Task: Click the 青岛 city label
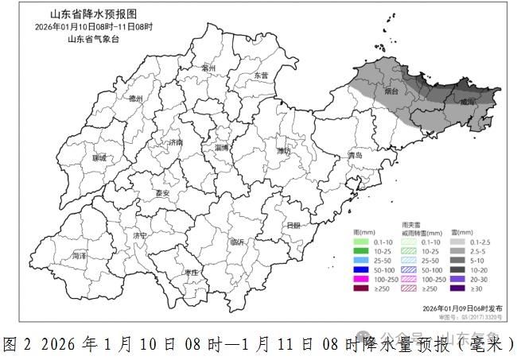click(x=354, y=156)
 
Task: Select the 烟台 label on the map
click(x=391, y=91)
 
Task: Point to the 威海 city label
click(x=468, y=102)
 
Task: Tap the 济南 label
click(x=174, y=142)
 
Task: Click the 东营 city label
click(x=261, y=75)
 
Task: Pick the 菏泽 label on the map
click(x=79, y=256)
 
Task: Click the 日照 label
click(x=293, y=225)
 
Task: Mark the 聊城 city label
click(x=99, y=158)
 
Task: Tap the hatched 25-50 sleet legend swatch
click(x=407, y=261)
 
